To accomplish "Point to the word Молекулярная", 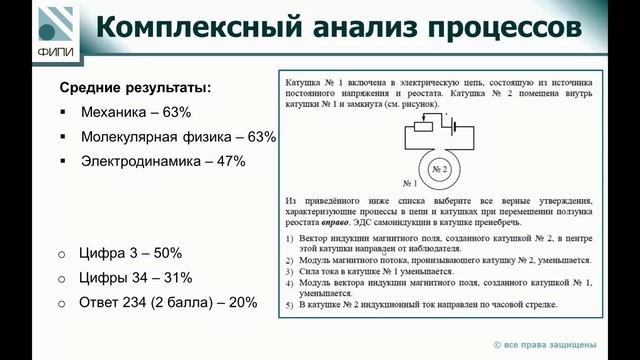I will click(125, 137).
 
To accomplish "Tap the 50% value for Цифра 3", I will click(165, 254).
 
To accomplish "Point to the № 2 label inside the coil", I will click(441, 170).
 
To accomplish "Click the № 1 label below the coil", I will click(409, 184).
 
